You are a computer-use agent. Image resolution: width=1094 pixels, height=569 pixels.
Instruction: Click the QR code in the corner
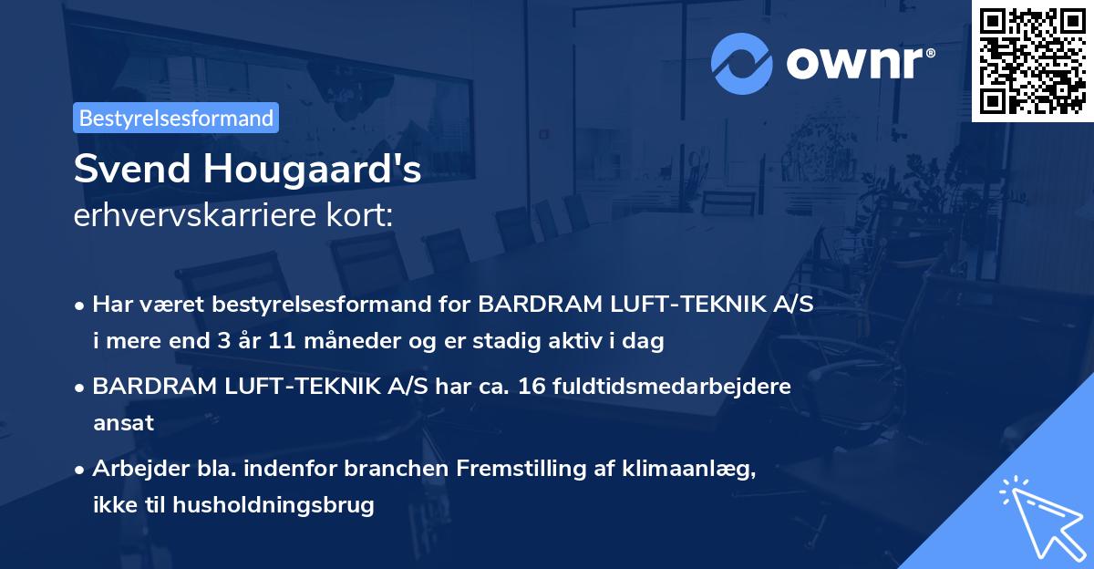pos(1033,60)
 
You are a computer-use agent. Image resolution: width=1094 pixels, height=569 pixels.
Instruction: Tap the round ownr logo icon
pos(742,62)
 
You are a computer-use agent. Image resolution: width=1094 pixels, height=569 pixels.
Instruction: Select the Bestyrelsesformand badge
pos(176,118)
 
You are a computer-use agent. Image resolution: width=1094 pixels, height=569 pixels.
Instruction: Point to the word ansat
pos(123,423)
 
